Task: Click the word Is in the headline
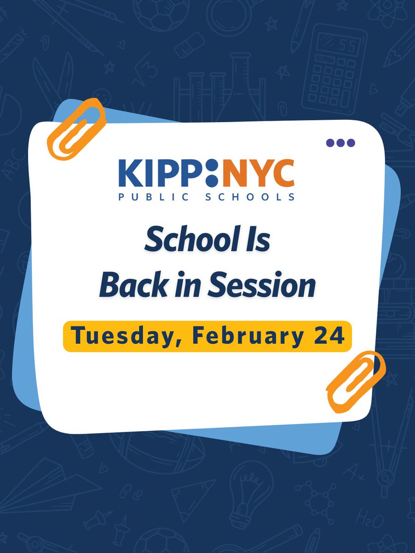pyautogui.click(x=258, y=242)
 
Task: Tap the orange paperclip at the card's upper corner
pyautogui.click(x=76, y=129)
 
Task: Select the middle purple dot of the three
pyautogui.click(x=340, y=143)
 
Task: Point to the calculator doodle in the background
pyautogui.click(x=334, y=69)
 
